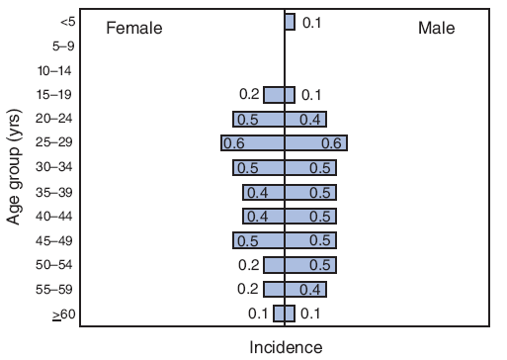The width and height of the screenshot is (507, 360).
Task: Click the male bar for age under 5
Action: coord(290,22)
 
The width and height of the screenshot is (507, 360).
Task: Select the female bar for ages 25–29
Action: coord(253,143)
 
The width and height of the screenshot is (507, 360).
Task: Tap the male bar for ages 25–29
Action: coord(315,143)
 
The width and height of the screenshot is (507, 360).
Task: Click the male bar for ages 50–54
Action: coord(310,264)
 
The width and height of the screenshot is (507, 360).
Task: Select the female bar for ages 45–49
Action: coord(259,240)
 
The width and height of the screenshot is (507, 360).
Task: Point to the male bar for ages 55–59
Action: coord(305,289)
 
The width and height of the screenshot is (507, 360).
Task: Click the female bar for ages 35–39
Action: coord(264,192)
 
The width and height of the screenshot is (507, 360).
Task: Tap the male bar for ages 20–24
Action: coord(305,119)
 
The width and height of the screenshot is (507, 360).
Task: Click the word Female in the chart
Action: coord(133,29)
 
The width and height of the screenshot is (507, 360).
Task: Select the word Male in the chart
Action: coord(436,29)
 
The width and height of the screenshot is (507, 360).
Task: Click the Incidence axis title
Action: coord(285,347)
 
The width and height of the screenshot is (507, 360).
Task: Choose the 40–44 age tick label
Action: coord(54,217)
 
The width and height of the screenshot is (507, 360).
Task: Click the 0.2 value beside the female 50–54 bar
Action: coord(248,264)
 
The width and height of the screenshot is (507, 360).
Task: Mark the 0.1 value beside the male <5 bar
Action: coord(312,22)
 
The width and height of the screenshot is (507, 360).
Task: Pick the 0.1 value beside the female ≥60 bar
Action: coord(258,314)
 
